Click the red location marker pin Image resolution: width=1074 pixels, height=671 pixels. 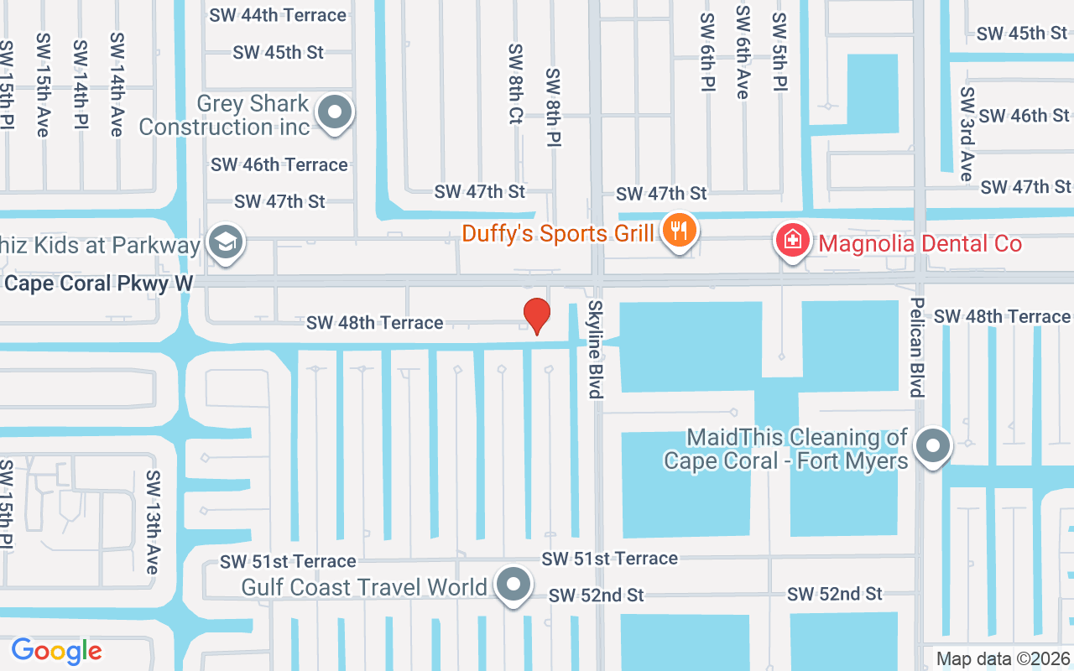(536, 316)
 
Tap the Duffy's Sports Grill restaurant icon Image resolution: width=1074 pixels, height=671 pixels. (678, 231)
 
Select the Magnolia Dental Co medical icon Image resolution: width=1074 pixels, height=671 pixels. (791, 242)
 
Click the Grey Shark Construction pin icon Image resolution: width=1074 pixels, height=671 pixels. (336, 113)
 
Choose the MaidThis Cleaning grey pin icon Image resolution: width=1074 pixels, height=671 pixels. (931, 447)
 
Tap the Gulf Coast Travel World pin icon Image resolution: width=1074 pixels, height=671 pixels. (514, 585)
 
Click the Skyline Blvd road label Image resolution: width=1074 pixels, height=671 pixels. (595, 349)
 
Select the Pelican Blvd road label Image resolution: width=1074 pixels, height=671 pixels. (917, 347)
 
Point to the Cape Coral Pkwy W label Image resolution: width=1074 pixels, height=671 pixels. (99, 283)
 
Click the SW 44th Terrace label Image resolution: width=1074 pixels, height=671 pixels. (279, 15)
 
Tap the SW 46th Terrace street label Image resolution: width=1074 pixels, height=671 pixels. (279, 164)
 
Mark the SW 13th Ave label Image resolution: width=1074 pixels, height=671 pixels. (152, 522)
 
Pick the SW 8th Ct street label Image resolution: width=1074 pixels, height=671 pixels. (515, 84)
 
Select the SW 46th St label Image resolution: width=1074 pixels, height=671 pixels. (1024, 116)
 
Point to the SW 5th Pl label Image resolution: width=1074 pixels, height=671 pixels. (779, 52)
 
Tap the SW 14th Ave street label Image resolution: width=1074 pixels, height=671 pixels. (117, 84)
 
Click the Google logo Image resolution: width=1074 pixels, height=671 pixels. (56, 651)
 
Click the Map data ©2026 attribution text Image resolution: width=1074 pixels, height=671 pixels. (1004, 658)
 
